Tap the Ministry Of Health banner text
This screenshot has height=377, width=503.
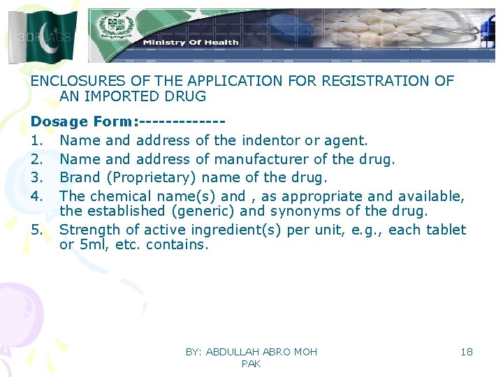(x=191, y=42)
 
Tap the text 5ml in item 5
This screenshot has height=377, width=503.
(x=91, y=245)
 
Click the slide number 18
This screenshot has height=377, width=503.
(x=467, y=352)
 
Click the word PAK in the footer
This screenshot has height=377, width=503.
(x=251, y=364)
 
